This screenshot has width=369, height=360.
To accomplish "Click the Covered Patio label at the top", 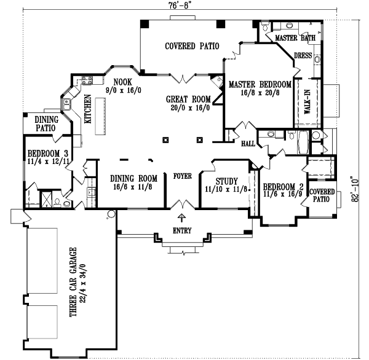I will (180, 47).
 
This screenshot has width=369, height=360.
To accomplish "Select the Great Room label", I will (188, 99).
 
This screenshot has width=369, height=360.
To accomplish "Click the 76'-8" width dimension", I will (179, 4).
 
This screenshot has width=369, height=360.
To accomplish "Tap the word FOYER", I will (182, 176).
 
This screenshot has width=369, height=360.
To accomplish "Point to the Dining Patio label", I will (46, 124).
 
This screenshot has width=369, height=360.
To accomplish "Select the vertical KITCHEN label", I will (89, 110).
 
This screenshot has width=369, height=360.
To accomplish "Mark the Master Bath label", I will (295, 38).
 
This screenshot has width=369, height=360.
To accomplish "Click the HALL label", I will (248, 143).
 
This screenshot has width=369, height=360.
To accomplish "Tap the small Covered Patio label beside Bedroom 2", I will (322, 195).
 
